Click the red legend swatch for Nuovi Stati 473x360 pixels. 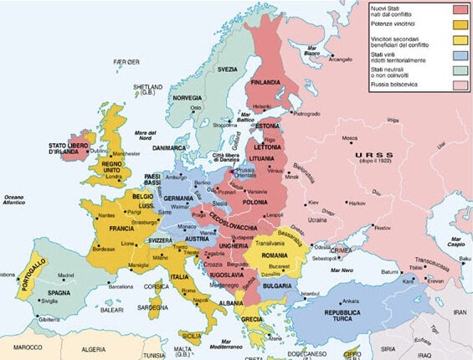(x=459, y=10)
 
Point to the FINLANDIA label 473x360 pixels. (x=267, y=81)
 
